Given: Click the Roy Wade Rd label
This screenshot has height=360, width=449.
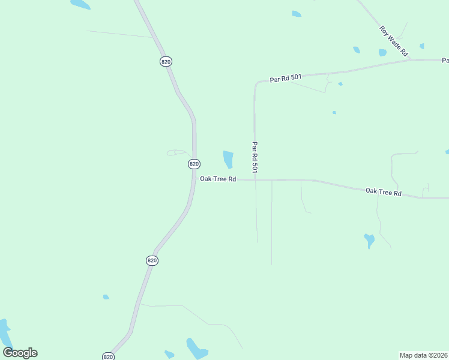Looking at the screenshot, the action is [393, 41].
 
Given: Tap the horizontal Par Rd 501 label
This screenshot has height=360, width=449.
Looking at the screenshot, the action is [285, 78].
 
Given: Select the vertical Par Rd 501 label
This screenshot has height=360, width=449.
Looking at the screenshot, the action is [255, 158].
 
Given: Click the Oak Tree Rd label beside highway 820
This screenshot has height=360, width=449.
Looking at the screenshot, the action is [218, 179].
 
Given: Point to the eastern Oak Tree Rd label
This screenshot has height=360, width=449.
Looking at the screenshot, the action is [383, 192].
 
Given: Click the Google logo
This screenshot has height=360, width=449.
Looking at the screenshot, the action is [20, 353].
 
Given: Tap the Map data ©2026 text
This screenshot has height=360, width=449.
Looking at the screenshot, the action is [423, 355].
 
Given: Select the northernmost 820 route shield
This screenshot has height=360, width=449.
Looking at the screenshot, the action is [166, 62].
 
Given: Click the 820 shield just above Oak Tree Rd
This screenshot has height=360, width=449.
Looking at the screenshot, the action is [193, 164].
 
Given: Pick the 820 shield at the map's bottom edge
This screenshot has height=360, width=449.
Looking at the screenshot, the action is [108, 356].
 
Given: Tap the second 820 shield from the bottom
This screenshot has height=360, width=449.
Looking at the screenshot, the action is [152, 260].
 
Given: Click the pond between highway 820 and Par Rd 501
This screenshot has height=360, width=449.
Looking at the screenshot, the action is [228, 159].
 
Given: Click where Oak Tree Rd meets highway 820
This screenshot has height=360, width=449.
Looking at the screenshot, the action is [193, 179].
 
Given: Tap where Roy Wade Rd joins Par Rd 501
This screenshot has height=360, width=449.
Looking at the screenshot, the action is [412, 59].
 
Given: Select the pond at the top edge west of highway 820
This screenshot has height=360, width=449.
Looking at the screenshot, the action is [80, 4].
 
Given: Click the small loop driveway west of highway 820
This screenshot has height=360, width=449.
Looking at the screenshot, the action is [176, 152].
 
